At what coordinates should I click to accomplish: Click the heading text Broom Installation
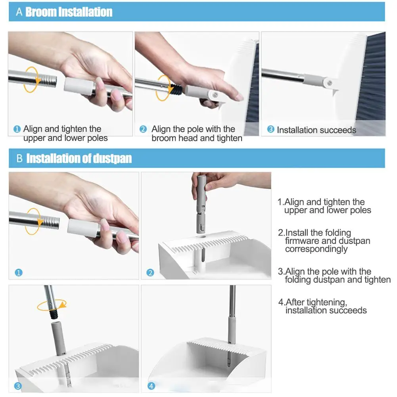tap(69, 12)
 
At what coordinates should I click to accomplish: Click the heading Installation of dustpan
tap(79, 159)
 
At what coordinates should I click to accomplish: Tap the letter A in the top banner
tap(19, 12)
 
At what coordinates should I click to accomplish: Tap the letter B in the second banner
tap(19, 159)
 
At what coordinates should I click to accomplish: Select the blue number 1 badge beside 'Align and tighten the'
tap(17, 129)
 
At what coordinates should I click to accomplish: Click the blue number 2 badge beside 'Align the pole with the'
tap(143, 129)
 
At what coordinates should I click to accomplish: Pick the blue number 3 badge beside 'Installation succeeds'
tap(270, 129)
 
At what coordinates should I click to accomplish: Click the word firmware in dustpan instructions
tap(302, 241)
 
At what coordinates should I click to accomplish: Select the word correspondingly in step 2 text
tap(316, 249)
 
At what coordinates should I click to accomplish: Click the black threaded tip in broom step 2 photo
tap(176, 90)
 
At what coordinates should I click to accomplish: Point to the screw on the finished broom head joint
tap(330, 82)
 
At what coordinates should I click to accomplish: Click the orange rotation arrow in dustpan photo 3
tap(52, 305)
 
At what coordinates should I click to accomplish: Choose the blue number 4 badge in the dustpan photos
tap(151, 386)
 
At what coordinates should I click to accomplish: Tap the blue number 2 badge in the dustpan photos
tap(150, 273)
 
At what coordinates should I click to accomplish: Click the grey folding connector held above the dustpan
tap(201, 204)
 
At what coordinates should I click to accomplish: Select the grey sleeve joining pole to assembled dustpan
tap(231, 330)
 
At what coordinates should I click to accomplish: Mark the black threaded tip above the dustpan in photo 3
tap(54, 314)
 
